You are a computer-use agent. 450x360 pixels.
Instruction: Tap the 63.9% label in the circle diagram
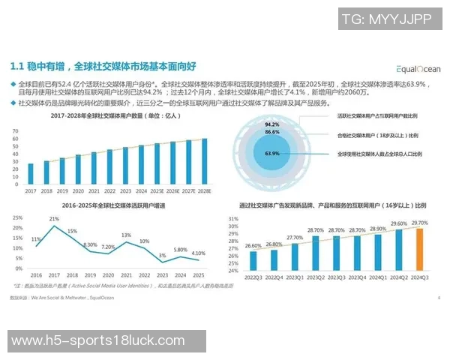[271, 154]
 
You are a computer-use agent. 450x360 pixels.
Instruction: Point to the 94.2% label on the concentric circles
[272, 124]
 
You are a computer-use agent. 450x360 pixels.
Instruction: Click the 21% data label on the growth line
[54, 218]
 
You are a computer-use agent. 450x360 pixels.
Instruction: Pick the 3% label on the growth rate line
[162, 256]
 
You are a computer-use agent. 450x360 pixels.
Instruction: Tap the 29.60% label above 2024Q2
[399, 223]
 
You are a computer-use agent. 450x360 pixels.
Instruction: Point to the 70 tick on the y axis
[16, 130]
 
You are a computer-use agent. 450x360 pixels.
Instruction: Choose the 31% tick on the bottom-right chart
[233, 219]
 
